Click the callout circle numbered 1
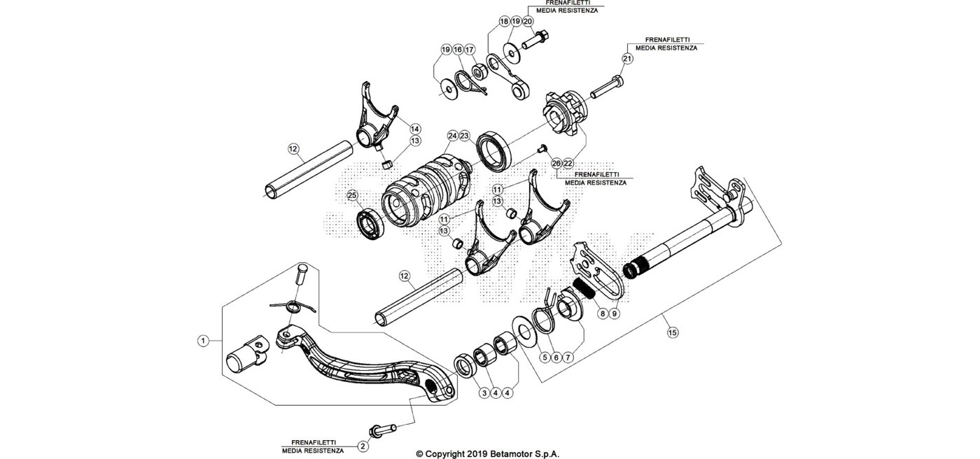tap(203, 341)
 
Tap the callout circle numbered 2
tap(363, 446)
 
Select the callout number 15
tap(673, 332)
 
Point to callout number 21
tap(627, 59)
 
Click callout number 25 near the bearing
tap(352, 195)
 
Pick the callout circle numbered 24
tap(452, 136)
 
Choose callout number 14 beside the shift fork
tap(415, 129)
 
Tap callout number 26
tap(556, 164)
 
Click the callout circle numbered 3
tap(484, 393)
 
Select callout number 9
tap(615, 313)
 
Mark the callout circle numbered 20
tap(528, 21)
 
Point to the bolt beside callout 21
tap(606, 87)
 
